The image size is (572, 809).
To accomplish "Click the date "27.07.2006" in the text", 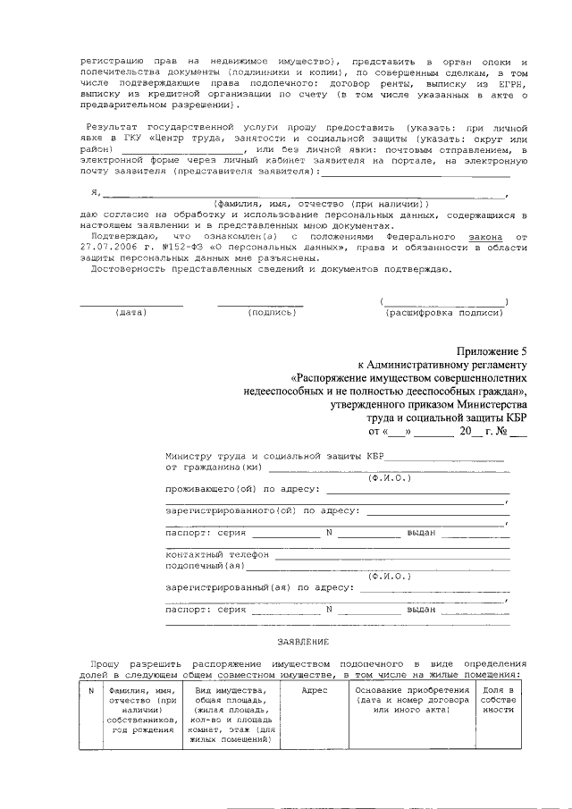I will (109, 247).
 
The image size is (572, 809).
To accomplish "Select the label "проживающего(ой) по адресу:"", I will (242, 489).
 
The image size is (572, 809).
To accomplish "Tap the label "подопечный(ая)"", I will (205, 565).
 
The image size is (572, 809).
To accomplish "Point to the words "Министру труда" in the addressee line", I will (205, 456).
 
